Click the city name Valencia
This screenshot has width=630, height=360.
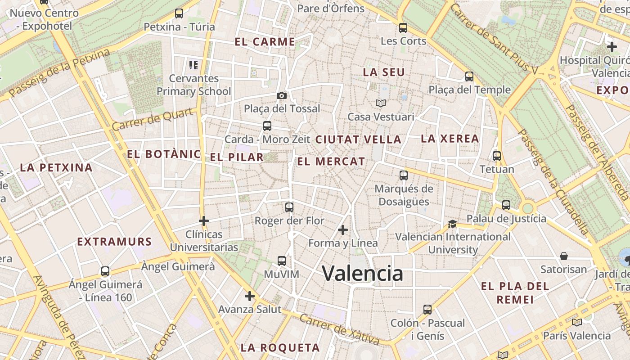coord(362,273)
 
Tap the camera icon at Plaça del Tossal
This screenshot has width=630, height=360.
coord(282,95)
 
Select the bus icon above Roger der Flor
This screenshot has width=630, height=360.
coord(289,207)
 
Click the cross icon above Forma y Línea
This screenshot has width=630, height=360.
coord(343,230)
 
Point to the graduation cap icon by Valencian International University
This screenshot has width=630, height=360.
coord(452,224)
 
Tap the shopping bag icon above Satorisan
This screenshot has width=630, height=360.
coord(564,256)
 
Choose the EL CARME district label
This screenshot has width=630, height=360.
coord(265,42)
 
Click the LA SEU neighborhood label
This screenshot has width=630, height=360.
coord(384,72)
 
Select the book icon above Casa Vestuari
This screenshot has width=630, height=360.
coord(381,103)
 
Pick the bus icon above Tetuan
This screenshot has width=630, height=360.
coord(497,156)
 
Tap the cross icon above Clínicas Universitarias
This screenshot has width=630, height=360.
coord(204,221)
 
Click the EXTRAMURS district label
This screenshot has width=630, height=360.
coord(114,242)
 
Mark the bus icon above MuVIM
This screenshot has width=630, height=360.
coord(282,261)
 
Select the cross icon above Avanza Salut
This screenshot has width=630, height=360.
coord(250,296)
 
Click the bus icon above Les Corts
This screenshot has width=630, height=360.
coord(403,28)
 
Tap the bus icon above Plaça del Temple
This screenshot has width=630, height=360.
coord(469,76)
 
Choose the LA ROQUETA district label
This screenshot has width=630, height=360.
coord(280,347)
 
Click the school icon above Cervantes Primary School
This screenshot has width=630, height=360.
coord(193,65)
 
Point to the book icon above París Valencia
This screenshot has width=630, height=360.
coord(576,322)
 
